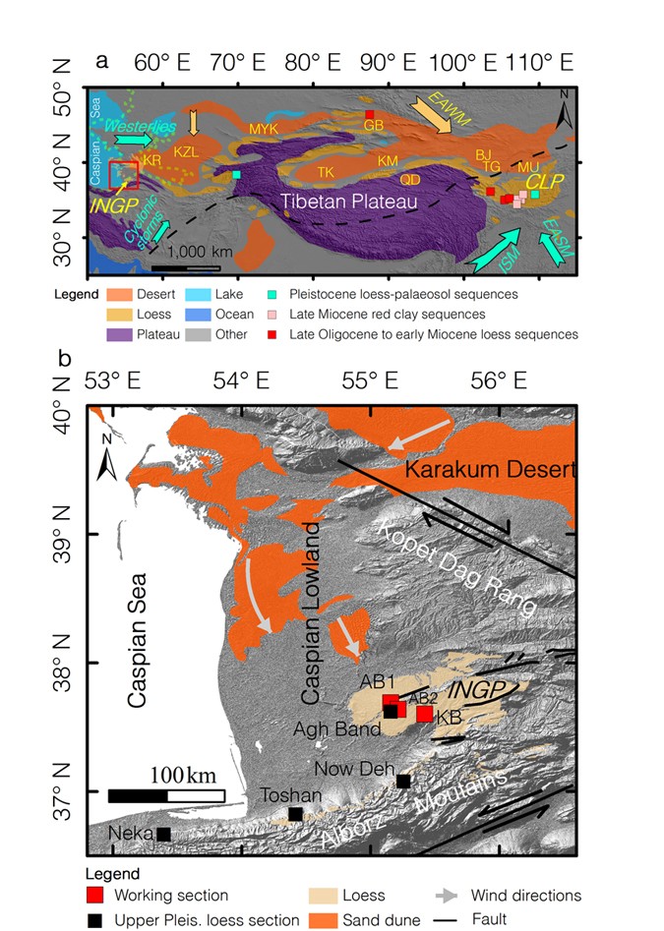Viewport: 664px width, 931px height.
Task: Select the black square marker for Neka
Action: pyautogui.click(x=164, y=834)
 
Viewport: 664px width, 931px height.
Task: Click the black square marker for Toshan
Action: pyautogui.click(x=295, y=813)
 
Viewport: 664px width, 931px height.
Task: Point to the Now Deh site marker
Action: pyautogui.click(x=403, y=781)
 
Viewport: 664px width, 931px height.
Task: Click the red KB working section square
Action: pyautogui.click(x=424, y=714)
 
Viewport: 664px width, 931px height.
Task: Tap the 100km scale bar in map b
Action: pyautogui.click(x=166, y=794)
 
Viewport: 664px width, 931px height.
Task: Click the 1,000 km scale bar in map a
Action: pyautogui.click(x=185, y=267)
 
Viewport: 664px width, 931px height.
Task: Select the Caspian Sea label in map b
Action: pyautogui.click(x=144, y=638)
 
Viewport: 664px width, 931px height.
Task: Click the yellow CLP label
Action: pyautogui.click(x=539, y=182)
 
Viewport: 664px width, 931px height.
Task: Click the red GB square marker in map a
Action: pyautogui.click(x=370, y=114)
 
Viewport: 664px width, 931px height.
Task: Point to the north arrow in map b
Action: pyautogui.click(x=110, y=462)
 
